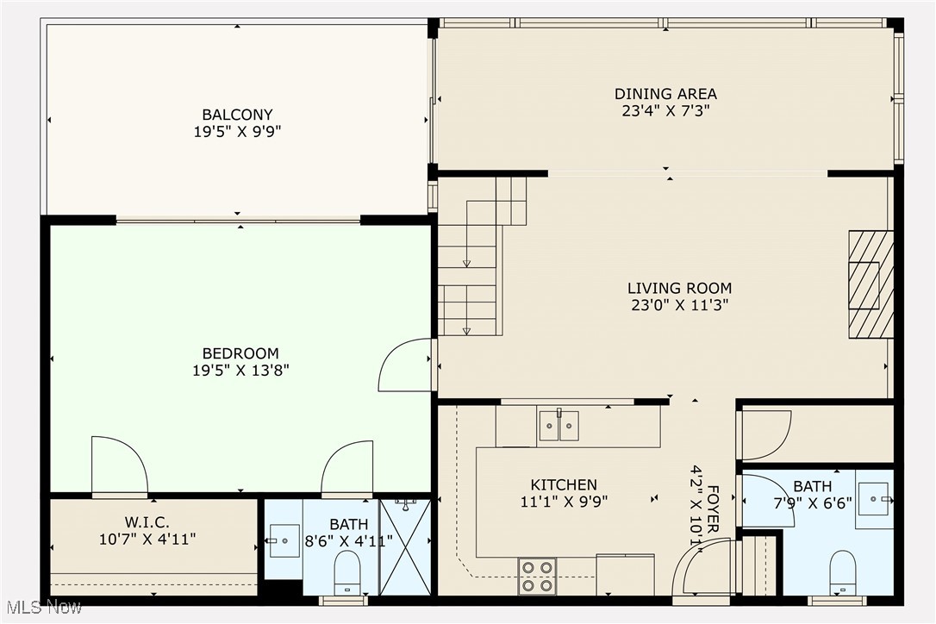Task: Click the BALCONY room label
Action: tap(237, 115)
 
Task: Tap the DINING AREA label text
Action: tap(665, 94)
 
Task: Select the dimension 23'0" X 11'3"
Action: tap(679, 305)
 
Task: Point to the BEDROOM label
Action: tap(240, 353)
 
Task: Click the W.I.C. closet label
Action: tap(147, 522)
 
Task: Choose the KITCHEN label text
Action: tap(564, 485)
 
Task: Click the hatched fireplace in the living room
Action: tap(870, 284)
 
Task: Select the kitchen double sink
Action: tap(558, 426)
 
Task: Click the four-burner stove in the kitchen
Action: tap(536, 576)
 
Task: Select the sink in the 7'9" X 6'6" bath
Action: tap(874, 499)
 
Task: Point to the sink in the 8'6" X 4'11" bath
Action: tap(284, 540)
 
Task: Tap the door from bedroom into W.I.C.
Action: tap(118, 466)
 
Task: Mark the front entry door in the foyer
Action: tap(702, 569)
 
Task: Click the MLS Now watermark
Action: tap(41, 608)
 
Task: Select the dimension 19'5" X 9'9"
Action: tap(237, 133)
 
